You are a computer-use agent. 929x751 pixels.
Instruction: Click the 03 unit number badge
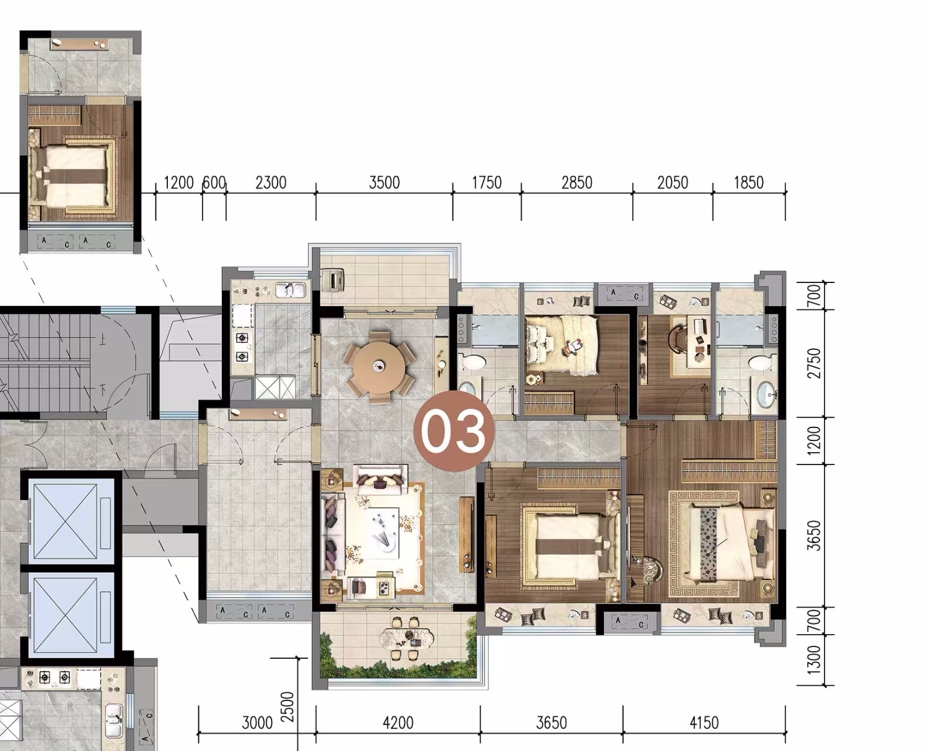[x=454, y=431]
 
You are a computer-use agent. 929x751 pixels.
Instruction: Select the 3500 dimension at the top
[x=384, y=183]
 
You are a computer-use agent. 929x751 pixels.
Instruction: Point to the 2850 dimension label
[x=577, y=183]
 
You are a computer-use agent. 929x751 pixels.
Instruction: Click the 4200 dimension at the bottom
[x=398, y=723]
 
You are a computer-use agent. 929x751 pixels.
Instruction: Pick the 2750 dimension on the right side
[x=814, y=363]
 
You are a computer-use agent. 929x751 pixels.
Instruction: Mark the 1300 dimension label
[x=814, y=660]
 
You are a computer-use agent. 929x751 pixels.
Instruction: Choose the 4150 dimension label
[x=704, y=723]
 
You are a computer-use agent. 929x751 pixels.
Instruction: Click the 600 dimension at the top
[x=214, y=183]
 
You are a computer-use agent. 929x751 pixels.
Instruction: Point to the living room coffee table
[x=381, y=533]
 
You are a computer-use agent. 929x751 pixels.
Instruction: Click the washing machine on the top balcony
[x=332, y=280]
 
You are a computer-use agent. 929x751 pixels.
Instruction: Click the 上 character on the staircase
[x=103, y=339]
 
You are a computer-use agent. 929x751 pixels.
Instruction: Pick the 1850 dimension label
[x=748, y=183]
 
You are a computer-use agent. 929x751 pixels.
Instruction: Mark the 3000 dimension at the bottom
[x=257, y=723]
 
